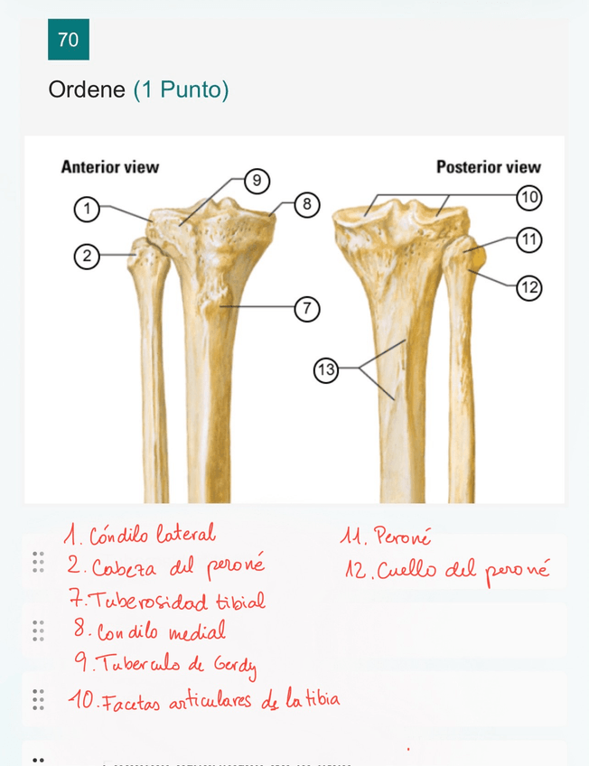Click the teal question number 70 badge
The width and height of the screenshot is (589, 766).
[x=68, y=40]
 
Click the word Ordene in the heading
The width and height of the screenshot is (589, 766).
[x=87, y=90]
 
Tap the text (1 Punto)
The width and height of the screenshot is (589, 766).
[x=181, y=90]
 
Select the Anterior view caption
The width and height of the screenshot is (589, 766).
[x=109, y=167]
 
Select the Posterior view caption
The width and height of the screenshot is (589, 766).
[x=488, y=167]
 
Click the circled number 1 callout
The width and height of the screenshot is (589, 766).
[x=86, y=210]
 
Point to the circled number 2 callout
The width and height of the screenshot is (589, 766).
[x=86, y=257]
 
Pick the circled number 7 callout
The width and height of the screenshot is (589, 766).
[x=307, y=309]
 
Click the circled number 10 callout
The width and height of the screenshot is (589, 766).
[x=528, y=196]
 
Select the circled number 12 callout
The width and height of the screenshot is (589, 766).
[x=528, y=288]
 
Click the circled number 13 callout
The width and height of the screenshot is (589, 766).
[x=326, y=369]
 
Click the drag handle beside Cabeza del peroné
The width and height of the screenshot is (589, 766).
[x=38, y=563]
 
